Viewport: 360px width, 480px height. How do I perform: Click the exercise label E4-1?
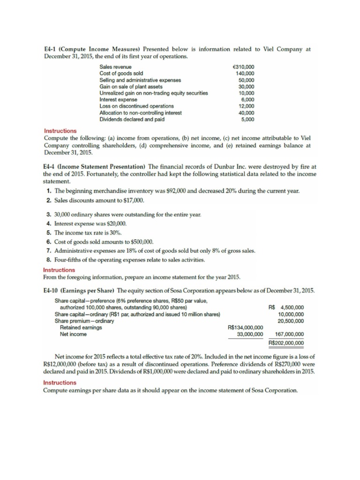pyautogui.click(x=51, y=49)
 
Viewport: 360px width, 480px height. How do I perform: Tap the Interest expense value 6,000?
pyautogui.click(x=247, y=100)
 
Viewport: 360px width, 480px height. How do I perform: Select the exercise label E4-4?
pyautogui.click(x=51, y=167)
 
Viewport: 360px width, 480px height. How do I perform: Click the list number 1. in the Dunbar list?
pyautogui.click(x=49, y=191)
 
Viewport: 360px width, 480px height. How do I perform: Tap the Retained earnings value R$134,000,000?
pyautogui.click(x=245, y=328)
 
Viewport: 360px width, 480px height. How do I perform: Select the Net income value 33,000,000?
pyautogui.click(x=247, y=334)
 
